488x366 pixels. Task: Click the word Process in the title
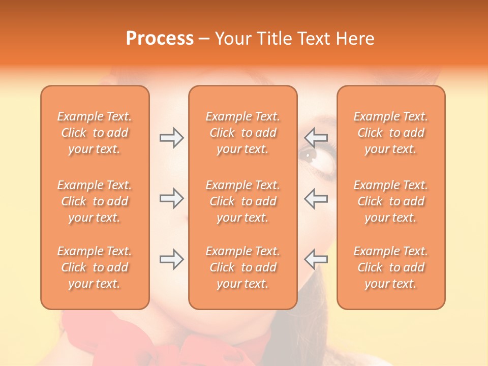pos(160,39)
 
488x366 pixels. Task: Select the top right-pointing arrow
pos(171,137)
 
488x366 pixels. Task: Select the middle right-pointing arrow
pos(171,198)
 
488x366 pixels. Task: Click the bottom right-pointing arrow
pos(171,259)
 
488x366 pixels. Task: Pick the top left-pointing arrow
pos(316,137)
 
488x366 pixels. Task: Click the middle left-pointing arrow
pos(316,198)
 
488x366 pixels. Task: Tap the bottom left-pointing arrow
pos(316,259)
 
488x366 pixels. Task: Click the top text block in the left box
pos(95,133)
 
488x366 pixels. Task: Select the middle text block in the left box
pos(95,201)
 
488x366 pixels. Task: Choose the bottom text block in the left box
pos(95,267)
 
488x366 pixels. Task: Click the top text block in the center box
pos(242,133)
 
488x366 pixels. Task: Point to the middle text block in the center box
pos(242,201)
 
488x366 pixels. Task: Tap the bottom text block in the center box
pos(242,267)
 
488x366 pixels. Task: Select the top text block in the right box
pos(390,133)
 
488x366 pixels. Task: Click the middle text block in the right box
pos(390,201)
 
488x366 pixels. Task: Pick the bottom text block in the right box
pos(390,267)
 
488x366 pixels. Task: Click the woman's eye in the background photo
pos(310,152)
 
